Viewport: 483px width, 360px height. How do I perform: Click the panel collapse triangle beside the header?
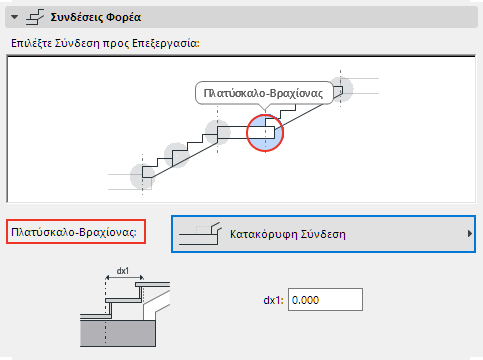[13, 17]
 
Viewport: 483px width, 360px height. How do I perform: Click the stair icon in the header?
[33, 17]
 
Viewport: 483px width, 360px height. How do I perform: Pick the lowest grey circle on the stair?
[144, 177]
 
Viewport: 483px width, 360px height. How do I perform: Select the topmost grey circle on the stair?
[342, 87]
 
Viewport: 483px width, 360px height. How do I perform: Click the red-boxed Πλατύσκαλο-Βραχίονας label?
[77, 234]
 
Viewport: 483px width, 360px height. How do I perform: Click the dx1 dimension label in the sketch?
[123, 270]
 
